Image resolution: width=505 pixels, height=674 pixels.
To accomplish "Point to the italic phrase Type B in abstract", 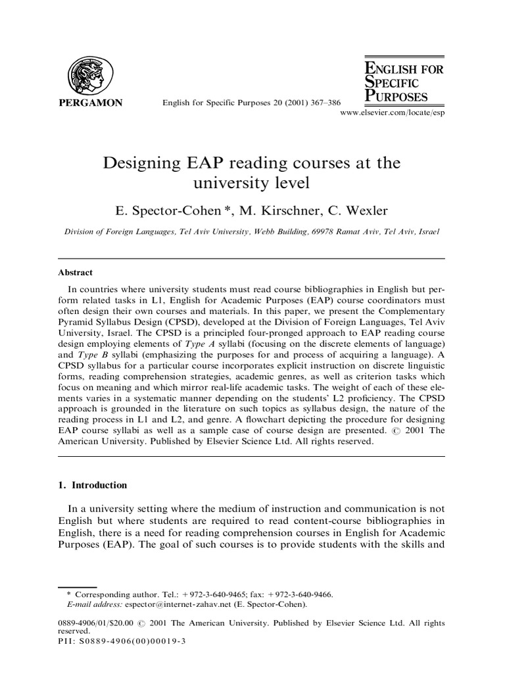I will tap(97, 356).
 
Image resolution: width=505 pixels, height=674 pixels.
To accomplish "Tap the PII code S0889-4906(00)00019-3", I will tap(134, 640).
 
